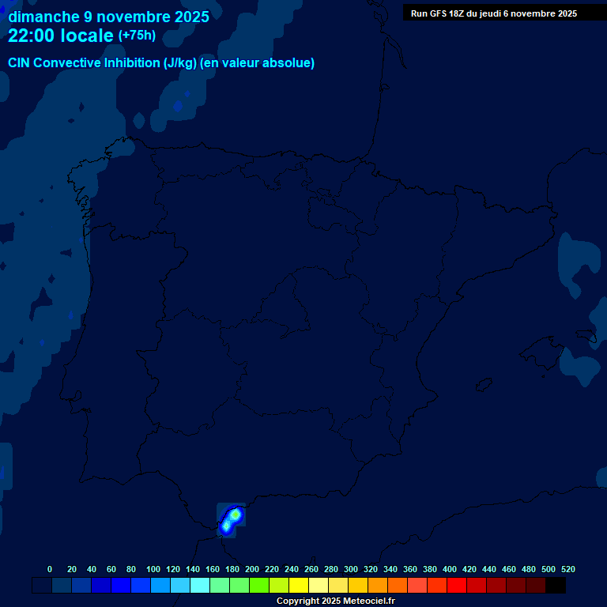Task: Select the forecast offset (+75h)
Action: point(137,36)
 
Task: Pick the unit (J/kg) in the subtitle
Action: point(181,63)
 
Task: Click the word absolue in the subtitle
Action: point(292,63)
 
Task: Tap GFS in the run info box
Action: point(438,13)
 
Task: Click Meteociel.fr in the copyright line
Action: point(369,601)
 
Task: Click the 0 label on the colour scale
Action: point(50,569)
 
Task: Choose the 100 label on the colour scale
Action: point(153,569)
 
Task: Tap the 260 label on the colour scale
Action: point(311,569)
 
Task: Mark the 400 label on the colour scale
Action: point(450,569)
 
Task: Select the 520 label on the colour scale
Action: point(568,569)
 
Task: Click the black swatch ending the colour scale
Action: point(556,586)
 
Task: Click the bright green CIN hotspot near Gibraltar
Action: point(234,515)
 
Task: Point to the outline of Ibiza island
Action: point(484,384)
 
